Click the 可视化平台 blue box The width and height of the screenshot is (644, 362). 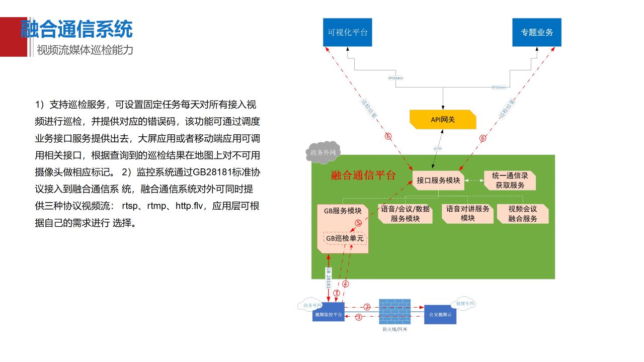pos(348,32)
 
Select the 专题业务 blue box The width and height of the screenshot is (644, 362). pos(537,32)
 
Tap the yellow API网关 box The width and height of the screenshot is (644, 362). pos(443,119)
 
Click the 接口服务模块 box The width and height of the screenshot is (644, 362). pos(438,180)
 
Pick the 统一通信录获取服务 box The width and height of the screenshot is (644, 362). pos(510,180)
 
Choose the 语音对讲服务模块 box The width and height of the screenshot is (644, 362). pos(467,213)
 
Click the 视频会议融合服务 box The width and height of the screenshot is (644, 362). pos(523,214)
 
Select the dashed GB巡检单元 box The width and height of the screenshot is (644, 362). pos(345,238)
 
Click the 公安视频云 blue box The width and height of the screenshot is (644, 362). pos(440,315)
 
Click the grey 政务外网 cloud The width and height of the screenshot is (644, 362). pos(322,153)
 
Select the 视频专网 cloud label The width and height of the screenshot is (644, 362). pos(465,304)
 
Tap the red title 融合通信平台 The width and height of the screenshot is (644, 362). pos(363,175)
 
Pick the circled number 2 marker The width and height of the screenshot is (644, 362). pos(367,307)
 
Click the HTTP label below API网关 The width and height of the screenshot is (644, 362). pos(438,149)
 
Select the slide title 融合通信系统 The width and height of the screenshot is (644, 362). pos(76,29)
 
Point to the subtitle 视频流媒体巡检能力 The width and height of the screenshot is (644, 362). pos(85,50)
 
